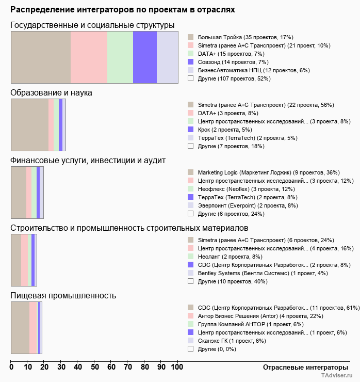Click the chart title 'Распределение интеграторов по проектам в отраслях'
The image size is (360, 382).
tap(123, 9)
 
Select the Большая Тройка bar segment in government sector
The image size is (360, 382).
tap(41, 57)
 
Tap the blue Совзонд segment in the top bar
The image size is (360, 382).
tap(144, 57)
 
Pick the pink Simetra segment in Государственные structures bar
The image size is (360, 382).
tap(89, 57)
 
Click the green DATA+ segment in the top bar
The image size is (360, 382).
tap(120, 57)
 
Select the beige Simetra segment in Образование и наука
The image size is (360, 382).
tap(29, 124)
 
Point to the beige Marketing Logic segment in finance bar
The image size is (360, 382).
tap(19, 192)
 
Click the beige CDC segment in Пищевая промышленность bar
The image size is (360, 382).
tap(20, 327)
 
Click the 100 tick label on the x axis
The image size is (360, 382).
tap(177, 367)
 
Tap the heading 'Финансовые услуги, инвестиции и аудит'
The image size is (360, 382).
tap(88, 161)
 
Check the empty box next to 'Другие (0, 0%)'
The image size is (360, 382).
tap(190, 349)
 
